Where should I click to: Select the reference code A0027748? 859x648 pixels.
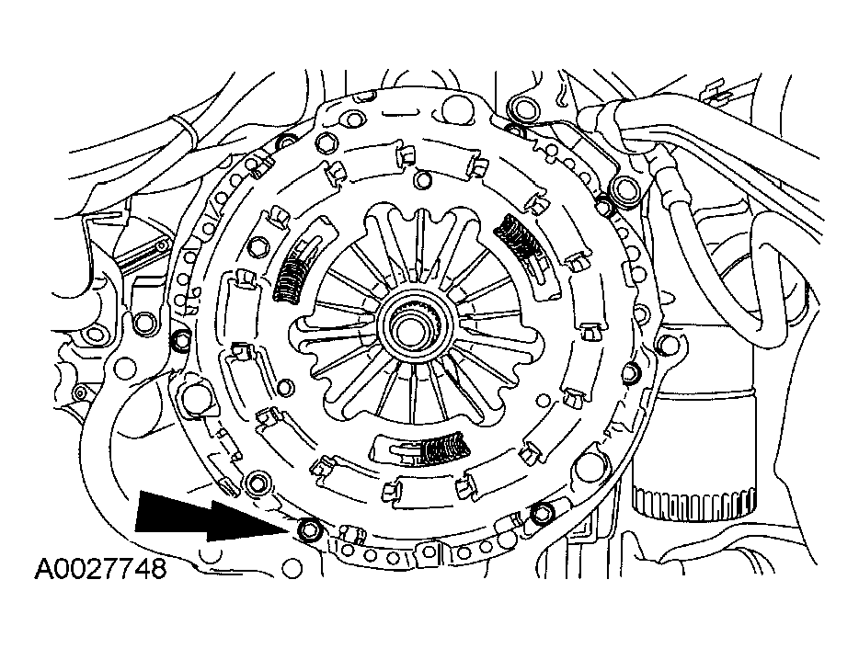point(101,570)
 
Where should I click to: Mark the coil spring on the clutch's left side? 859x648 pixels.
point(292,278)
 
